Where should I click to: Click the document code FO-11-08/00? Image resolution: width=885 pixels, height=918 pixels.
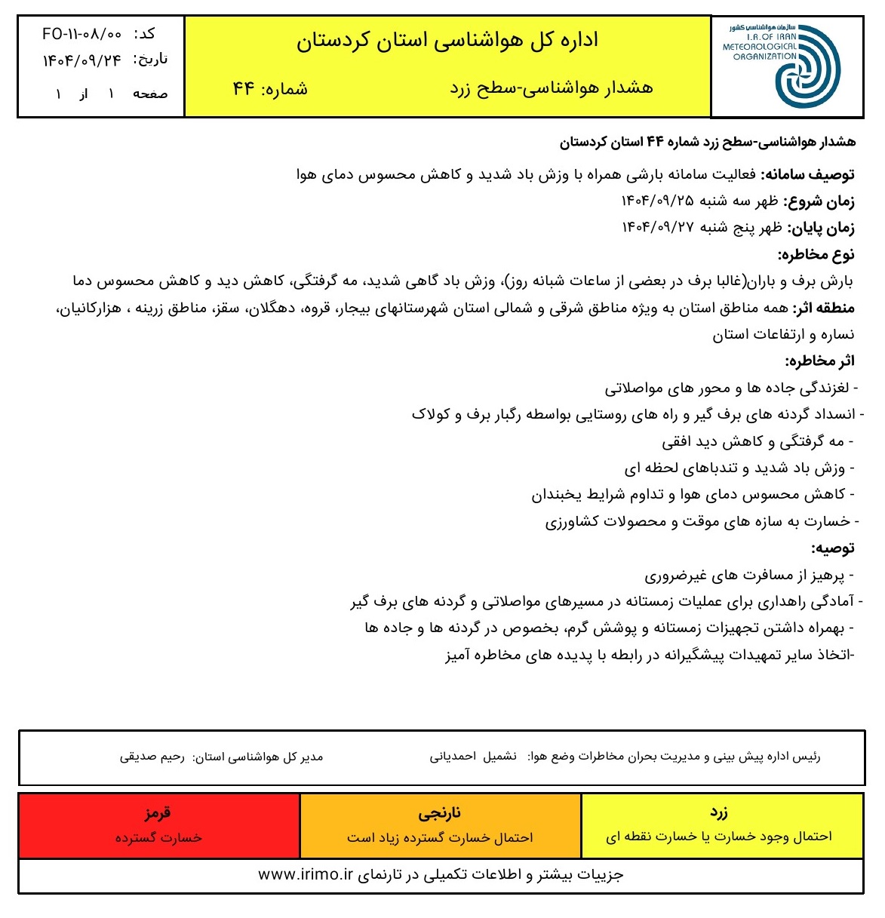click(x=81, y=35)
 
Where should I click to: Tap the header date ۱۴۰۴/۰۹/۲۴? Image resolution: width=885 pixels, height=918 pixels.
click(x=81, y=60)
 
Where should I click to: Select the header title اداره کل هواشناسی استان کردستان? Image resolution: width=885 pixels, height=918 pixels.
click(x=447, y=40)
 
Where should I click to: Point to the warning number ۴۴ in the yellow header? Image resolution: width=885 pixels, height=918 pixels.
click(x=244, y=88)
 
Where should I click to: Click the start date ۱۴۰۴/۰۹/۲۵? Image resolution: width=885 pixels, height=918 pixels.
click(x=657, y=201)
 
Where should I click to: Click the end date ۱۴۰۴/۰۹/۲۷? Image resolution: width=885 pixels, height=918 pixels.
click(x=657, y=228)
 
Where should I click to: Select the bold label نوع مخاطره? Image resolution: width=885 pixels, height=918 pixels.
click(x=816, y=254)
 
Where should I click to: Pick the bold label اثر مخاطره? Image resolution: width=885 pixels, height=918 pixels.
click(x=819, y=361)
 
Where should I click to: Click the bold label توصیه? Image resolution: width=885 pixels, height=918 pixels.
click(x=833, y=548)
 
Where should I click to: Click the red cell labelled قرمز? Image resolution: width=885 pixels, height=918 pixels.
click(x=158, y=825)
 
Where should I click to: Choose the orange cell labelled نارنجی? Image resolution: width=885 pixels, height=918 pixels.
click(x=440, y=825)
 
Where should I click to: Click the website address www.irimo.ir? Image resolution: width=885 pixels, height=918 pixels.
click(x=306, y=875)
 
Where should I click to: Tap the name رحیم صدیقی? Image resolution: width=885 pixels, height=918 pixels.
click(x=152, y=757)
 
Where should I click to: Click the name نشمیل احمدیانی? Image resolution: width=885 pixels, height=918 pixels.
click(x=474, y=757)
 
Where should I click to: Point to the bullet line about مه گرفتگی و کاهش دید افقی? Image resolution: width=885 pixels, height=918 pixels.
click(x=757, y=441)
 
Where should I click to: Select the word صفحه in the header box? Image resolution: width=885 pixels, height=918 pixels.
click(x=150, y=94)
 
